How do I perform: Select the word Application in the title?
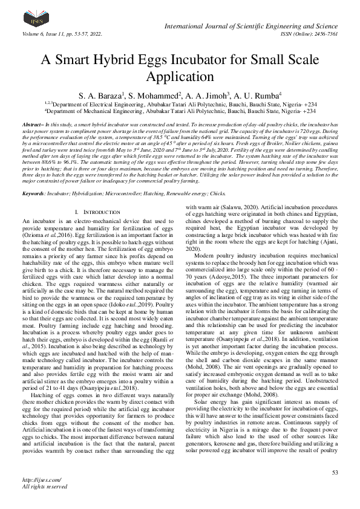pyautogui.click(x=180, y=77)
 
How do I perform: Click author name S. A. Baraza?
pyautogui.click(x=100, y=95)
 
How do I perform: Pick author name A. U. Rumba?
pyautogui.click(x=262, y=95)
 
